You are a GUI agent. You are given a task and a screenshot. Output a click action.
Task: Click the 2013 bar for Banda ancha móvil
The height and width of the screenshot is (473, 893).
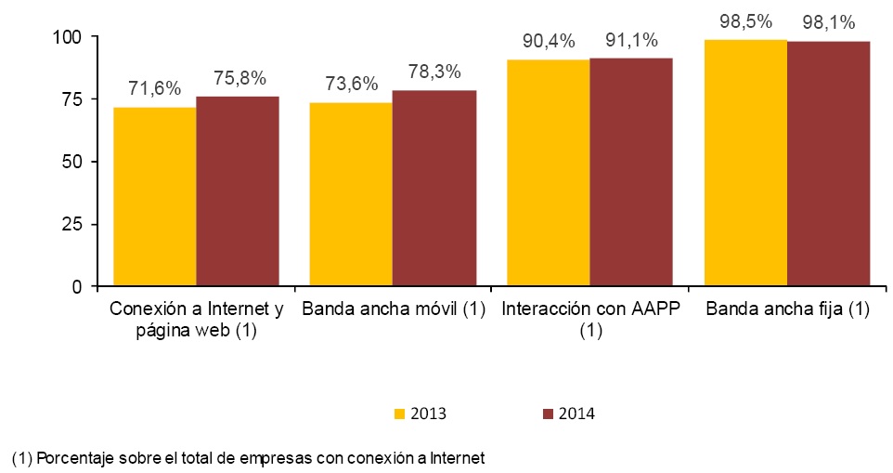pos(351,194)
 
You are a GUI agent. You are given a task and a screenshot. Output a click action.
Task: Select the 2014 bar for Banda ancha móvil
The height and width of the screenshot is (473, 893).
pos(434,188)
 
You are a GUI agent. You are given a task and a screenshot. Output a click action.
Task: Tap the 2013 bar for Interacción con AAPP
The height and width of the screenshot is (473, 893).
pos(548,173)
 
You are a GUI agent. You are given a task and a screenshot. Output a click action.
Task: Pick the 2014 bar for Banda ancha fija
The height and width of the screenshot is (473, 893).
pos(828,164)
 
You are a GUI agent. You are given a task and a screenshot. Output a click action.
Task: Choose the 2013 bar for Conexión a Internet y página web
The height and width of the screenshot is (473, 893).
pos(154,196)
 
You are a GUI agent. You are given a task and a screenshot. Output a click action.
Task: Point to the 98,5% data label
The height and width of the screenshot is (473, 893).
pos(746,20)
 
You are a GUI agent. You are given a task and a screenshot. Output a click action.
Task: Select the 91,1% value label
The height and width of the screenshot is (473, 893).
pos(631,40)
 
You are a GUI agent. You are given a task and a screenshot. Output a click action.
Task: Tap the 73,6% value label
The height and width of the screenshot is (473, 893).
pos(352,84)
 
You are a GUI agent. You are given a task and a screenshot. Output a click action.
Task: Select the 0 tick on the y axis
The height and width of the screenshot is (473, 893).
pos(79,286)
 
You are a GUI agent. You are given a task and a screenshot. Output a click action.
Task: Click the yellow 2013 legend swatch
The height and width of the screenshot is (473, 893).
pos(399,414)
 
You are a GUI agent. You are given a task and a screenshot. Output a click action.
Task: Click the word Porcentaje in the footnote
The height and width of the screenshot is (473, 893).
pos(71,458)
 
